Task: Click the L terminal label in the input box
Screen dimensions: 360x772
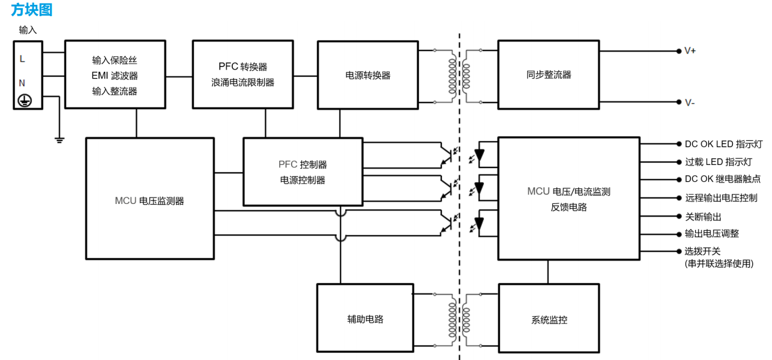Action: pyautogui.click(x=22, y=59)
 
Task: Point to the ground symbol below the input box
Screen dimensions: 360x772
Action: pyautogui.click(x=59, y=140)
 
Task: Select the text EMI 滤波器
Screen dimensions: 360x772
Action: pyautogui.click(x=115, y=76)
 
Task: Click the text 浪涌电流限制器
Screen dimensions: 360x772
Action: pyautogui.click(x=243, y=82)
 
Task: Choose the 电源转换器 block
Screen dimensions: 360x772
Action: pyautogui.click(x=367, y=75)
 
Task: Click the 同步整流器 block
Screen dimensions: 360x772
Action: pyautogui.click(x=548, y=75)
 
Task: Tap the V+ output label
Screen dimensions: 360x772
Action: pyautogui.click(x=690, y=51)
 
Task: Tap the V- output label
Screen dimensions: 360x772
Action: pyautogui.click(x=690, y=102)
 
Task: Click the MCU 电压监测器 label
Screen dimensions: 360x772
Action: pyautogui.click(x=149, y=201)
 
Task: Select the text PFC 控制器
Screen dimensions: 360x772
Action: pyautogui.click(x=303, y=164)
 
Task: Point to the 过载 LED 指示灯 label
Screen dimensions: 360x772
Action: pyautogui.click(x=720, y=162)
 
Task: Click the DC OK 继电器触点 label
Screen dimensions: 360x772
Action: pyautogui.click(x=723, y=179)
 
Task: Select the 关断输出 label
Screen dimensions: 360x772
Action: pyautogui.click(x=703, y=216)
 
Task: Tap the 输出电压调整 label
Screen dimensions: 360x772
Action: pyautogui.click(x=711, y=233)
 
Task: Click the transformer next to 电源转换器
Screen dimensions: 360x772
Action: pyautogui.click(x=459, y=75)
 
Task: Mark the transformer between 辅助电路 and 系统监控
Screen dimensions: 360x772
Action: pyautogui.click(x=459, y=319)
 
